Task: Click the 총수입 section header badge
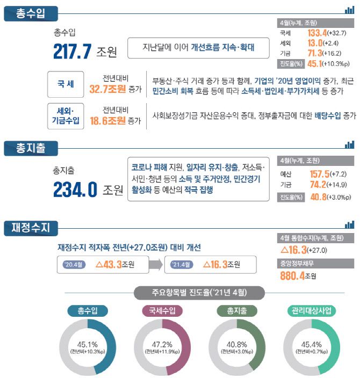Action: pyautogui.click(x=28, y=13)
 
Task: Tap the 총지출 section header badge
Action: pyautogui.click(x=28, y=146)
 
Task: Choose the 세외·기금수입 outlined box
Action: pyautogui.click(x=66, y=115)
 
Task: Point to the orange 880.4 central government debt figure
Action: pyautogui.click(x=293, y=276)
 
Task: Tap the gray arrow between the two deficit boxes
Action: pyautogui.click(x=156, y=265)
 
